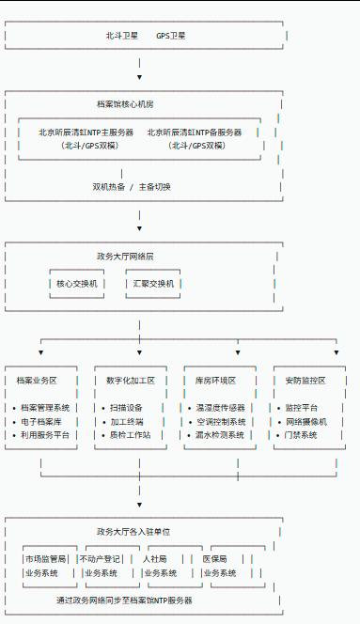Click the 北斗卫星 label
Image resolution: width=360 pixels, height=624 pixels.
pos(121,35)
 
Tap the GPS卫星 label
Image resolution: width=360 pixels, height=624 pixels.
pos(170,35)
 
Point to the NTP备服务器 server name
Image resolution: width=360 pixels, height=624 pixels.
pos(195,133)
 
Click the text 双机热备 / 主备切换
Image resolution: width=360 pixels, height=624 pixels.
pos(132,186)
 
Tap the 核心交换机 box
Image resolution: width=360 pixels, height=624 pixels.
pos(76,283)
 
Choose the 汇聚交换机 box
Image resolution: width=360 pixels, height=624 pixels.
pos(153,283)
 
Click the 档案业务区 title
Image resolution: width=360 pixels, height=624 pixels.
pos(37,381)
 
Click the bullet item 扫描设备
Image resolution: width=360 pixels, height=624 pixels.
pos(126,408)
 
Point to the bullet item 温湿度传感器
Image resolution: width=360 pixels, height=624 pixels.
pos(220,408)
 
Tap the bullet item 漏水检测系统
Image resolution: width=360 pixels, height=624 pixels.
pos(220,435)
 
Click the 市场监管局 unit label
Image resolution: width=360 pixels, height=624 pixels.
pos(47,559)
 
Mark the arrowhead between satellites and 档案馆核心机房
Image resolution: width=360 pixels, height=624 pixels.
pos(139,77)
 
